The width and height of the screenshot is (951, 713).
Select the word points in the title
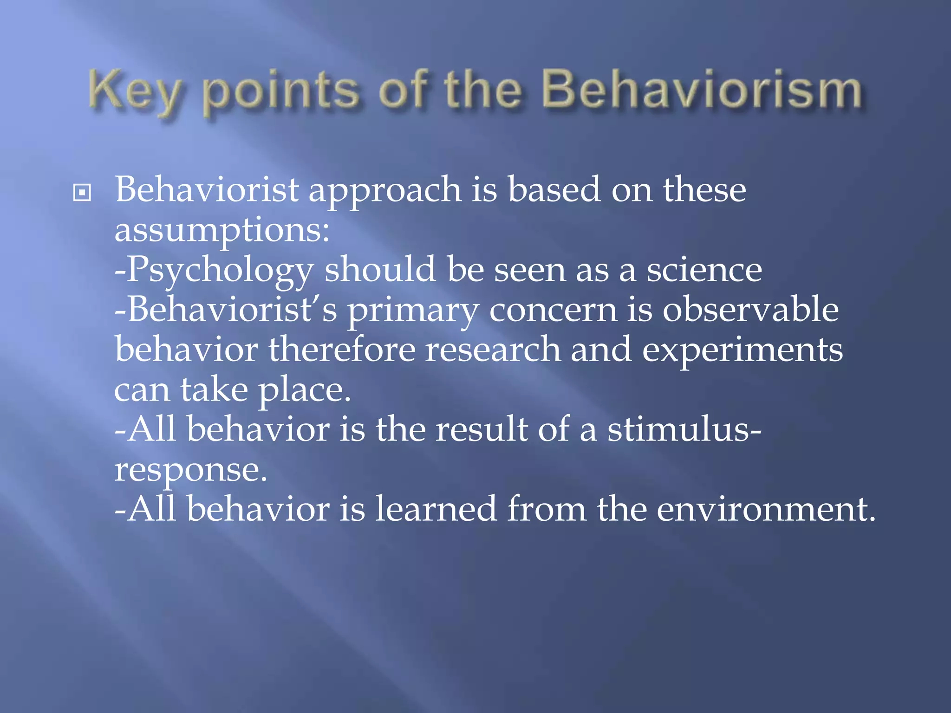pos(281,93)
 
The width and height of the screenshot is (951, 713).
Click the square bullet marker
pos(82,192)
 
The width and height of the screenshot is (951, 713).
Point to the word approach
pos(385,191)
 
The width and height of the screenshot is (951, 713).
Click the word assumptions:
pos(222,231)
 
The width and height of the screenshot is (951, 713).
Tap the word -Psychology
pos(214,271)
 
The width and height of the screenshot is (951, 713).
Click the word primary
pos(413,311)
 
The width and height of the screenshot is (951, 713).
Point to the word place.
pos(305,391)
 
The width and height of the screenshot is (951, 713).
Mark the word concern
pos(553,311)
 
